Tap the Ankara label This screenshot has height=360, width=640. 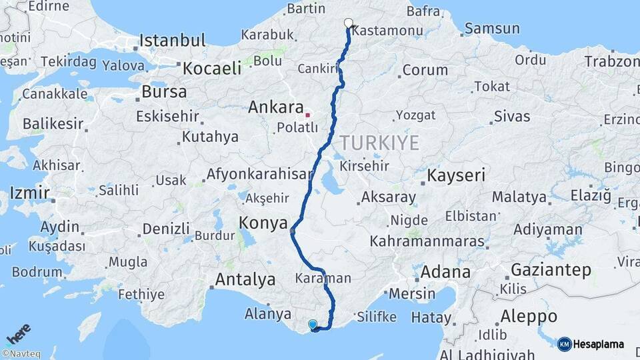[276, 107]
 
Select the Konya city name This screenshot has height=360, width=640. [263, 223]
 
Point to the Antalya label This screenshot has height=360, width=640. [245, 279]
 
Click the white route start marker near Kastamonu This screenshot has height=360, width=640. [348, 23]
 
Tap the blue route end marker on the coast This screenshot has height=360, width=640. [313, 325]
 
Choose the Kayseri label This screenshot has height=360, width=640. [457, 175]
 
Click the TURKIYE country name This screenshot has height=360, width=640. [379, 143]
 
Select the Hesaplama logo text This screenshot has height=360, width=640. [598, 344]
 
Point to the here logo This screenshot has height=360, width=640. [19, 332]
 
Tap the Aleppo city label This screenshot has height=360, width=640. [529, 315]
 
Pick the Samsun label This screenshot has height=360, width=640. [492, 29]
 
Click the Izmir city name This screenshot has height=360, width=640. [29, 193]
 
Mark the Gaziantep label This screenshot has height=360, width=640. [551, 270]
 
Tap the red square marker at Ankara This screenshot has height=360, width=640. [307, 115]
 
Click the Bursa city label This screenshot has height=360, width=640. [165, 91]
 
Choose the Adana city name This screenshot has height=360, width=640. [445, 272]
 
